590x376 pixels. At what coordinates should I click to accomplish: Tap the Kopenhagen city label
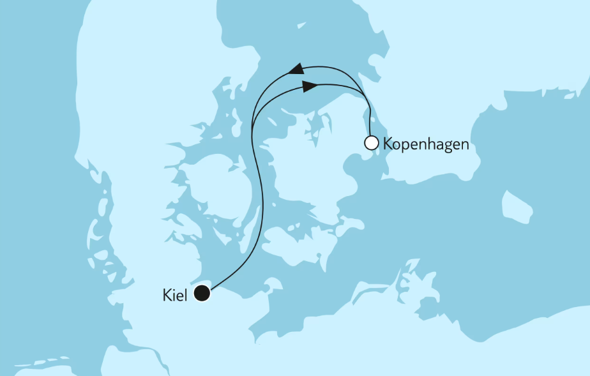pyautogui.click(x=425, y=144)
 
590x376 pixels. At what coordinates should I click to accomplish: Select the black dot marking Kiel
pyautogui.click(x=202, y=294)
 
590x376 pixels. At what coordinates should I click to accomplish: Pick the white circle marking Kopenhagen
pyautogui.click(x=371, y=143)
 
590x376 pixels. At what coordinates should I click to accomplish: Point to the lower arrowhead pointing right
pyautogui.click(x=309, y=86)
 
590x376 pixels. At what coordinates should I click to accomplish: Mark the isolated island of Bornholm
pyautogui.click(x=517, y=206)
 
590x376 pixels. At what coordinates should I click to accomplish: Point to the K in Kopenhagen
pyautogui.click(x=388, y=144)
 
